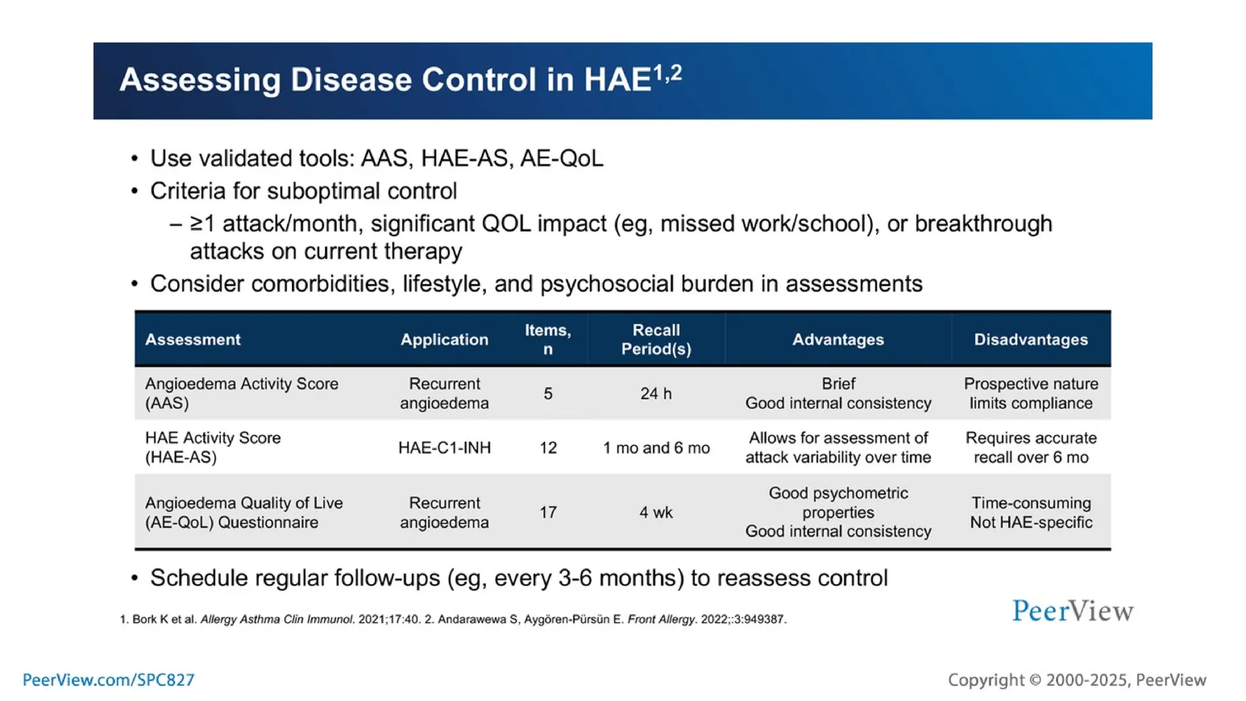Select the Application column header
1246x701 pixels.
pos(444,340)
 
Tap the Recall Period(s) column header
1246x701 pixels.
pos(656,340)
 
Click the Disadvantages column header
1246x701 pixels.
pos(1031,340)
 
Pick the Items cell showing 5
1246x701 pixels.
pos(548,394)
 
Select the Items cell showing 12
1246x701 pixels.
pos(548,448)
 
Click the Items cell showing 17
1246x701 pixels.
pos(548,512)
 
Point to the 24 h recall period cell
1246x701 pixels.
pos(656,394)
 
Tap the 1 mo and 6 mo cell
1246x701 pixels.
pos(656,448)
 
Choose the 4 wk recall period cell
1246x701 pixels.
pos(656,512)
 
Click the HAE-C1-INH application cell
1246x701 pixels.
pos(444,448)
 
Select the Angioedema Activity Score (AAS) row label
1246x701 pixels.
pos(241,393)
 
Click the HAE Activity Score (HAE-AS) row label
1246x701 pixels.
pos(212,447)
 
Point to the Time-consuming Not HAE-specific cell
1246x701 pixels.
pos(1031,512)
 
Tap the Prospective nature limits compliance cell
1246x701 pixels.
pos(1031,393)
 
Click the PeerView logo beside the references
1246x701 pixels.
pos(1073,611)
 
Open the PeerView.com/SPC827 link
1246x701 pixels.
pos(108,680)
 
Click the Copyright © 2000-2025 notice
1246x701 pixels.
pos(1076,680)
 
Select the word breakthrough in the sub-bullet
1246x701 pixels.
pos(983,224)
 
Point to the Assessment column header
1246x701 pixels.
pos(192,340)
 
